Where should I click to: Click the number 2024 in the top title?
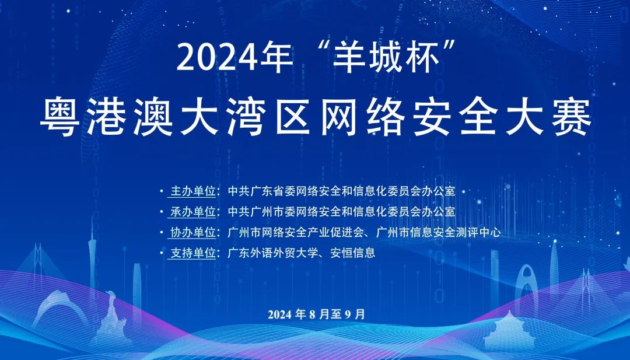coord(218,58)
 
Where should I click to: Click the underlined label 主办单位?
coord(193,191)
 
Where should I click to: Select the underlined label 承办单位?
coord(193,211)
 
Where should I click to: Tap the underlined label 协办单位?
coord(193,232)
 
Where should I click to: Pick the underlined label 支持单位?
coord(193,253)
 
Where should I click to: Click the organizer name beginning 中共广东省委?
coord(341,191)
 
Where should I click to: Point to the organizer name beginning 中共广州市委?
coord(341,211)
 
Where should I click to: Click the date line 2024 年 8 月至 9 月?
coord(317,314)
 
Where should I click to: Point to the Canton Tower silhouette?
coord(93,257)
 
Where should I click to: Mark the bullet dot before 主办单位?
coord(162,191)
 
